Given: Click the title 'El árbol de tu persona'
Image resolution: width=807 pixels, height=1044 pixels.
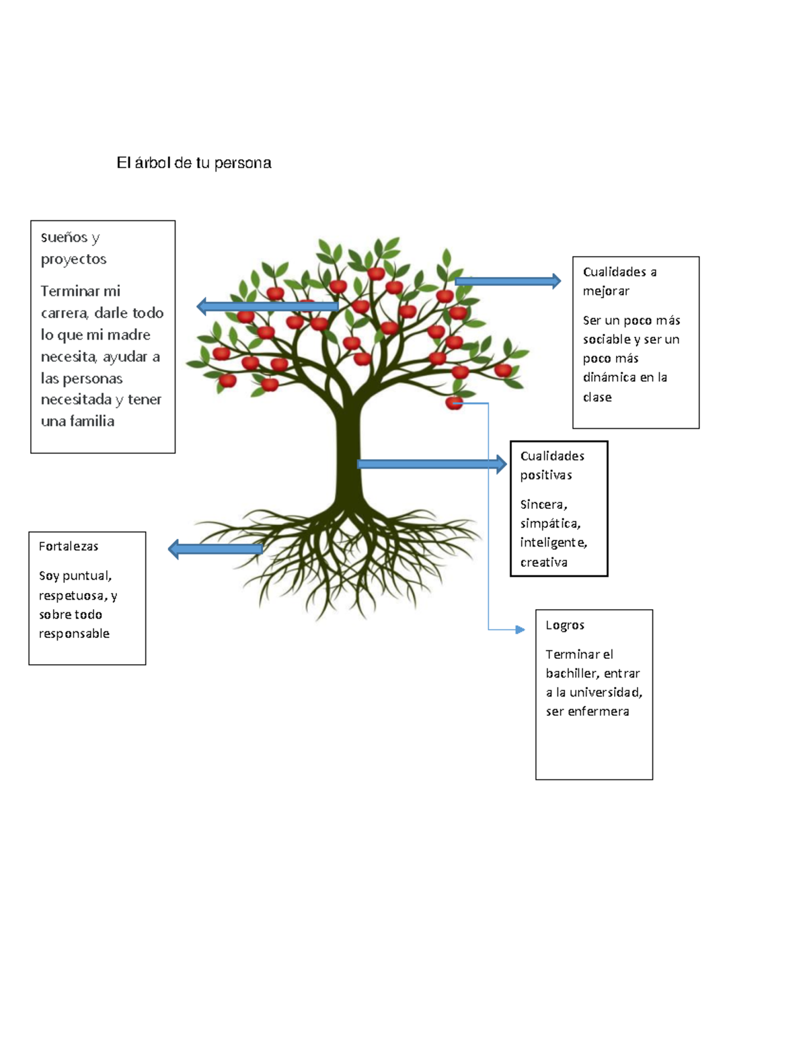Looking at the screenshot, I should tap(194, 163).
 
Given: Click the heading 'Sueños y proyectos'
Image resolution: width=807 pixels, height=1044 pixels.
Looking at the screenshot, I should tap(73, 247).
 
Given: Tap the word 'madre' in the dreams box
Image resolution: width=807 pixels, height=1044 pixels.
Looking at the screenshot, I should tap(128, 335).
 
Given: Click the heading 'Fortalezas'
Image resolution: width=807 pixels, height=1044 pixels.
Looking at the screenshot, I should tap(69, 547).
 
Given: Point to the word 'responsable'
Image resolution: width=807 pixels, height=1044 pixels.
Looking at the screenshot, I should tap(74, 633).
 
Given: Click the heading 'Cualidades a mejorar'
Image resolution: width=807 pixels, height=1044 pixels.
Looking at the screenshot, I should tap(619, 281).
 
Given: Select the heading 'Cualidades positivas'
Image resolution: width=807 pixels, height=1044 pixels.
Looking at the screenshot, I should tap(551, 465).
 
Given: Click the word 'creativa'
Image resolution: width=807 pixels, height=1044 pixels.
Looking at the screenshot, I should tap(543, 562).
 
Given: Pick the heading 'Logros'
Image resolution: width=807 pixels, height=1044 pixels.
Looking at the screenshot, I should tap(565, 625).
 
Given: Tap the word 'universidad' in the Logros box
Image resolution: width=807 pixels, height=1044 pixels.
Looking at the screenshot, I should tap(605, 692).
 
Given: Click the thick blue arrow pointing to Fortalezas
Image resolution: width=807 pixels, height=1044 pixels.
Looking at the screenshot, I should tap(215, 549).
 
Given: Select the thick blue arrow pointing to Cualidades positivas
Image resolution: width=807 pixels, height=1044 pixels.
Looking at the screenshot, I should tap(430, 464).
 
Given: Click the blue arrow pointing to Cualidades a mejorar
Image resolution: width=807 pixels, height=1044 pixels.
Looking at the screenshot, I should tap(508, 281).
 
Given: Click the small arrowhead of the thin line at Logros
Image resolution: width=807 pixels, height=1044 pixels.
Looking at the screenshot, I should tap(520, 630).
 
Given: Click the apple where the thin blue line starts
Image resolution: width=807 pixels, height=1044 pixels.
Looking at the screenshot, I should tap(454, 403).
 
